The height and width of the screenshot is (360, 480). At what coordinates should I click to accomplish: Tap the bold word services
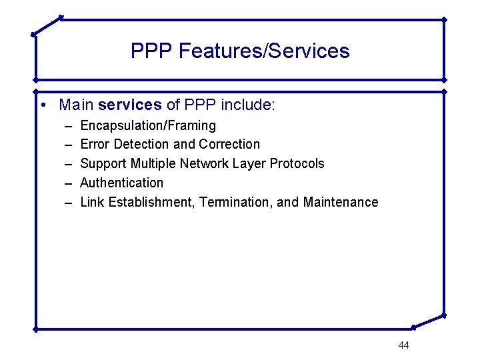click(x=129, y=105)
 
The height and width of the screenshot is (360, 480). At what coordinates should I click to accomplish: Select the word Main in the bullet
click(x=76, y=105)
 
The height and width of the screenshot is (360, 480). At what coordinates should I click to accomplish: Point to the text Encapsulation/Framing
click(x=148, y=125)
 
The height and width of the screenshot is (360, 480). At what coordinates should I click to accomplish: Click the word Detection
click(x=142, y=145)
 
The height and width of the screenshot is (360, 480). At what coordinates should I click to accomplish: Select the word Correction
click(x=229, y=145)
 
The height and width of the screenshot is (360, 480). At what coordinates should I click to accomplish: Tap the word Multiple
click(x=153, y=164)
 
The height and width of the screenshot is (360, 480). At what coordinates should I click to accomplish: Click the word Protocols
click(x=297, y=164)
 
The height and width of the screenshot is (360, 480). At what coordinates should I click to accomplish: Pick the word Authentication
click(x=121, y=183)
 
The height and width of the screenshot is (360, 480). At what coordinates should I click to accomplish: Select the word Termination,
click(x=239, y=202)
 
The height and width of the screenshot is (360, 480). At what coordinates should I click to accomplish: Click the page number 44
click(x=403, y=345)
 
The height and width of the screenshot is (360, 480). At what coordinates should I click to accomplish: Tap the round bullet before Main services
click(x=43, y=105)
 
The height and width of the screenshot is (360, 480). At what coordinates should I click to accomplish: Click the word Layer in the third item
click(x=251, y=164)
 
